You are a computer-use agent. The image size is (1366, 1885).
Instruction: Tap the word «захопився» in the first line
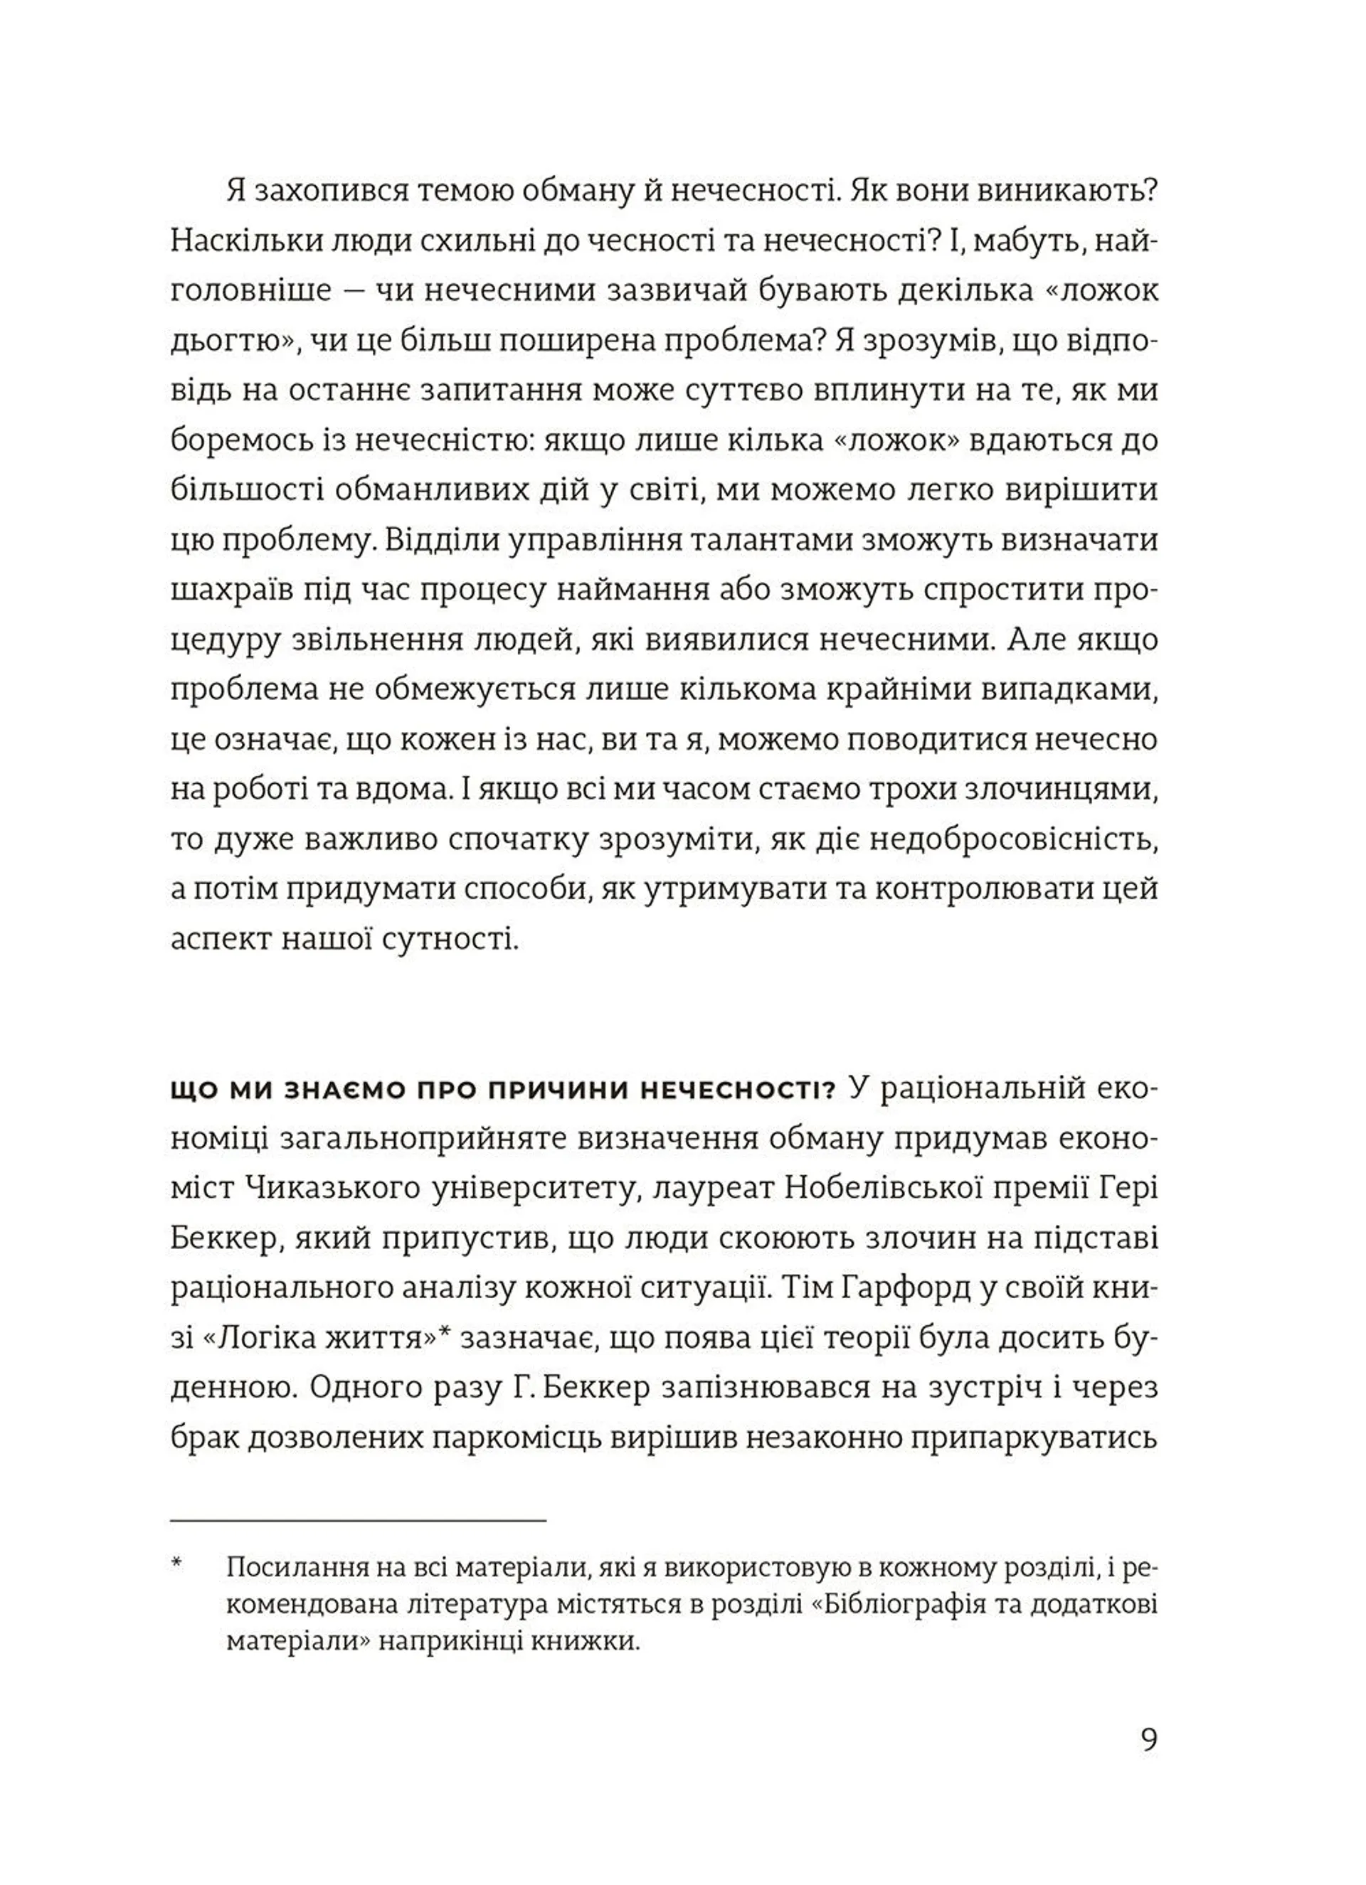coord(332,193)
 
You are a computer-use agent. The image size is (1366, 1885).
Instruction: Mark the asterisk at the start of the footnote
coord(176,1566)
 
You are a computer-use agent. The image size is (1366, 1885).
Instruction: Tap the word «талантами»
coord(775,540)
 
